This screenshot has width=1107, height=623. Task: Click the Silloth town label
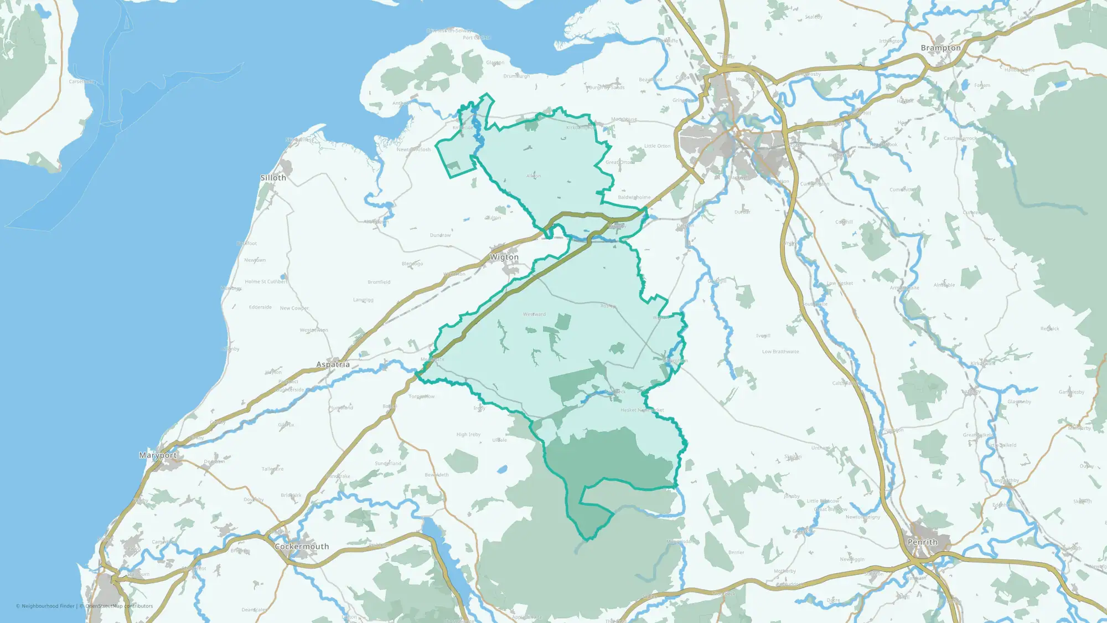(273, 178)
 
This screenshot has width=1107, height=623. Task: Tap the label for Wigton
(504, 257)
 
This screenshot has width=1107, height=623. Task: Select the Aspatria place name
(333, 364)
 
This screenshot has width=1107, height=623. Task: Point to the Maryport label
(158, 455)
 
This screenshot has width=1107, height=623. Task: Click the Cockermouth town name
(302, 547)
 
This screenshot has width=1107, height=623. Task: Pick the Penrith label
(923, 542)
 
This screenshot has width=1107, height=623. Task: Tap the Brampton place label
(940, 48)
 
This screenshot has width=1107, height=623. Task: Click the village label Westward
(534, 315)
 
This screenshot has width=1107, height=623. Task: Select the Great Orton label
(620, 162)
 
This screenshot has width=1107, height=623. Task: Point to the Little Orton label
(657, 146)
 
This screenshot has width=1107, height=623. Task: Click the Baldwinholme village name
(634, 197)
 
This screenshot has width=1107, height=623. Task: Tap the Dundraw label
(440, 235)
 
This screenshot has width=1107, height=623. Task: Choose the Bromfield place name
(379, 282)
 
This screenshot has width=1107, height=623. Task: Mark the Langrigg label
(363, 300)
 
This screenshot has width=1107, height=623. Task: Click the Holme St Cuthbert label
(266, 282)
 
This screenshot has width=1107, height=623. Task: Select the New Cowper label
(294, 308)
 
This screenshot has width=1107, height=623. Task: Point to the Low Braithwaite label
(780, 352)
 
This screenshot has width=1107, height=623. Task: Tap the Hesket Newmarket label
(642, 410)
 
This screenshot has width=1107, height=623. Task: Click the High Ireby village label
(468, 435)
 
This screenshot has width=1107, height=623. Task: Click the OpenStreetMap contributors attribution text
(119, 606)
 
